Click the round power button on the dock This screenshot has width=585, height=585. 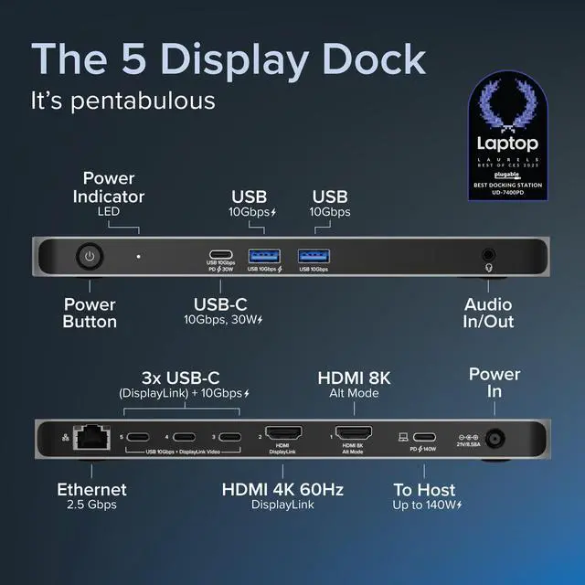coord(89,257)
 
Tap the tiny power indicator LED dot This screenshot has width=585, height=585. coord(138,257)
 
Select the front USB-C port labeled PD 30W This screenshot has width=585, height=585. coord(219,255)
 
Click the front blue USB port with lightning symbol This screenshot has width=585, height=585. coord(264,255)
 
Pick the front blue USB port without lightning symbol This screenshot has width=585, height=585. coord(313,255)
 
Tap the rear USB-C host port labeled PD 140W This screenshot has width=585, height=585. coord(426,437)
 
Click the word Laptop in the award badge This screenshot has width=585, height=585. coord(507,144)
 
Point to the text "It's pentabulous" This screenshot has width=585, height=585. coord(123,99)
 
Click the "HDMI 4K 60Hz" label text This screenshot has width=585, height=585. coord(282,490)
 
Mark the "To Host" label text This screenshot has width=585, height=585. coord(425,490)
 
